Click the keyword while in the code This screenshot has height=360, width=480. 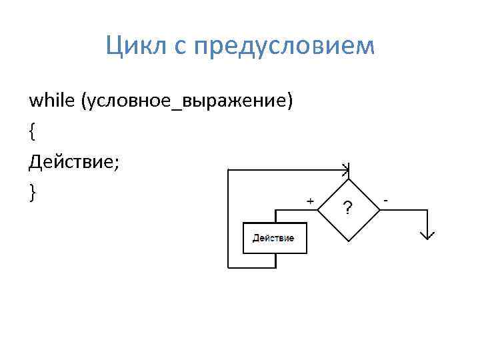pos(51,101)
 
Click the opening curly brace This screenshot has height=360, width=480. pos(32,132)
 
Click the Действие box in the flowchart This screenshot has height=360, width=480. pos(274,238)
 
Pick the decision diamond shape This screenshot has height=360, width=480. pos(347,209)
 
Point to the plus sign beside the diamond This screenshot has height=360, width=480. pos(309,200)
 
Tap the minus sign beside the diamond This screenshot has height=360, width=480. pos(387,199)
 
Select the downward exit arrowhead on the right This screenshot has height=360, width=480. pos(427,235)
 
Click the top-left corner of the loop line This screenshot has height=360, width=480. pos(228,169)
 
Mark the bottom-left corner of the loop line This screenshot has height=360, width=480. pos(228,268)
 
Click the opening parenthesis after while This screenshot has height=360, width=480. pos(83,101)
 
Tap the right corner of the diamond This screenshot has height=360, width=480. pos(381,209)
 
